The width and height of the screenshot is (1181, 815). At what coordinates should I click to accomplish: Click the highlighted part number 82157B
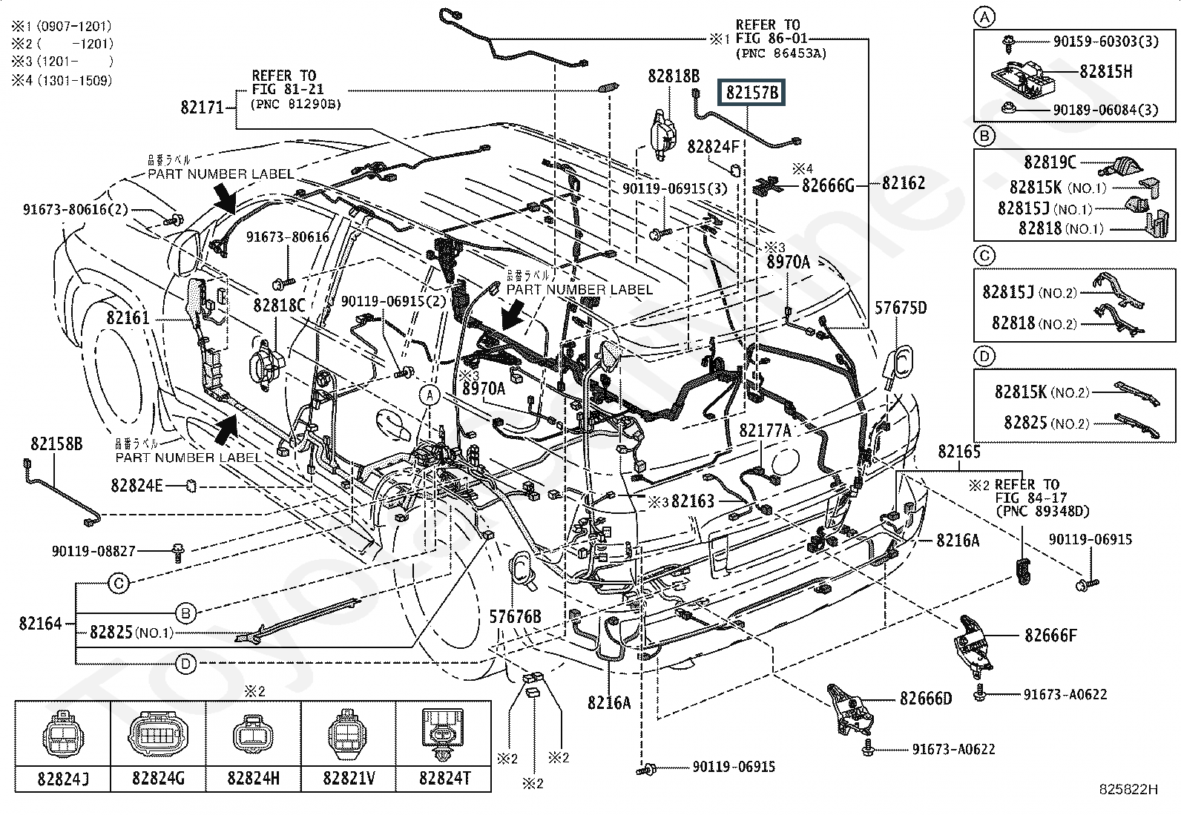coord(752,93)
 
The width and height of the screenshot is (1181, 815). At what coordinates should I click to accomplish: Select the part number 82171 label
coord(202,108)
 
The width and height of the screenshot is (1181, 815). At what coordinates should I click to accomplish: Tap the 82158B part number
coord(56,443)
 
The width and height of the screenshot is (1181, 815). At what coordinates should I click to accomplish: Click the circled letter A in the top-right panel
coord(984,18)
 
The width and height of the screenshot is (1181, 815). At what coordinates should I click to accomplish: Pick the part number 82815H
coord(1106,71)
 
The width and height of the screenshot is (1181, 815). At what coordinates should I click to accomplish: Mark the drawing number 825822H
coord(1128,790)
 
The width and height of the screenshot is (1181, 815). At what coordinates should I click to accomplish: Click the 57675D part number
coord(901,307)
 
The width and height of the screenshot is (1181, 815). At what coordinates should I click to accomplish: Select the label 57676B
coord(515,616)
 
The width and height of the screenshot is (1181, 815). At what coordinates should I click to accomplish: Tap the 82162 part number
coord(903,183)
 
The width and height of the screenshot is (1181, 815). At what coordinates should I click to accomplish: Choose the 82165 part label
coord(958,451)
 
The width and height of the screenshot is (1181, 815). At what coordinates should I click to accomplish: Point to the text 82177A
coord(764,431)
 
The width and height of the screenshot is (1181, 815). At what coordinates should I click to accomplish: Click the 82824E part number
coord(136,486)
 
